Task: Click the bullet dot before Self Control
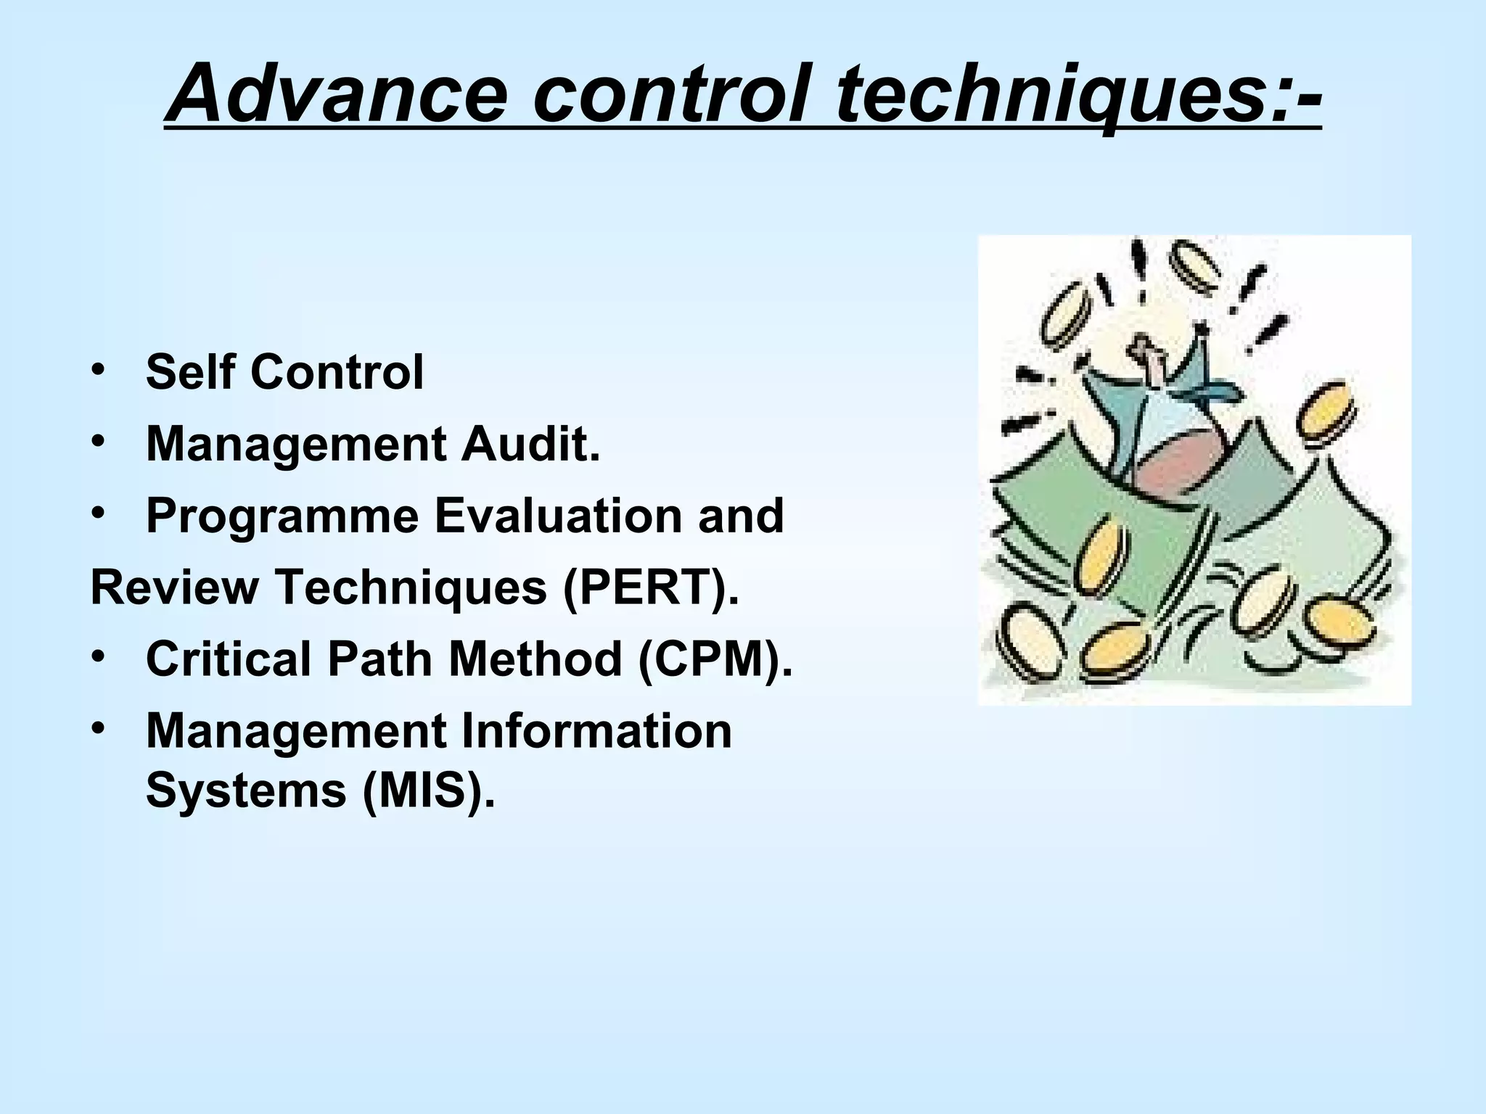point(98,371)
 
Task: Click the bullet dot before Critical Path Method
point(98,656)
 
